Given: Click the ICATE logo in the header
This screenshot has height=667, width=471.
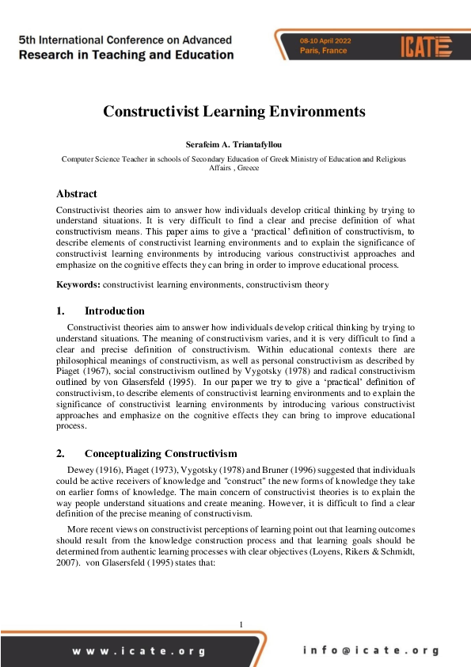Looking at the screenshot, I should point(425,44).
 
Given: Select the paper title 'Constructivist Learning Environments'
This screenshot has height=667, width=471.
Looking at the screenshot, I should point(234,112).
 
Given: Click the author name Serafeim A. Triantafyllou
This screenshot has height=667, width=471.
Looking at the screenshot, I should point(234,146).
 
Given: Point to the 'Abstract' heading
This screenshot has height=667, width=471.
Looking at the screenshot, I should point(77,193).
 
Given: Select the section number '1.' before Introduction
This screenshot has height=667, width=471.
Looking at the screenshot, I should point(60,311).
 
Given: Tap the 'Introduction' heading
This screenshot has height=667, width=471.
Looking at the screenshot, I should point(115,311).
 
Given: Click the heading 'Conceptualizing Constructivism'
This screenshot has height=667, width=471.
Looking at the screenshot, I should point(161,454).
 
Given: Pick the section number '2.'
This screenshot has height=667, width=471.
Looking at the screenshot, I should point(60,454).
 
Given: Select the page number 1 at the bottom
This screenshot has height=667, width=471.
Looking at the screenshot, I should point(241,625).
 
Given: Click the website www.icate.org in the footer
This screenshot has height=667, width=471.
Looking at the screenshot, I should point(139,651).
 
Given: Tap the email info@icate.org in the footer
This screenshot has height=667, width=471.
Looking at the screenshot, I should point(370,651).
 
